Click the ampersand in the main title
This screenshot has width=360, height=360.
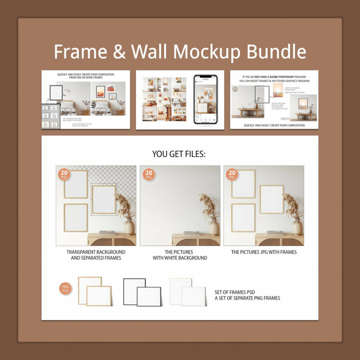119,51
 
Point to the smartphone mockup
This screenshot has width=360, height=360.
206,99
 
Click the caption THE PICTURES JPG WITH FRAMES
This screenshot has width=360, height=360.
264,252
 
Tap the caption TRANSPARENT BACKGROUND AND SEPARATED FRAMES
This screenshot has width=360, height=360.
96,255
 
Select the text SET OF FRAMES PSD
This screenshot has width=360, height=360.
235,292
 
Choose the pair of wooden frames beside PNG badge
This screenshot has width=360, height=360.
95,291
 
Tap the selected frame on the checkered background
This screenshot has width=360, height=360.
104,199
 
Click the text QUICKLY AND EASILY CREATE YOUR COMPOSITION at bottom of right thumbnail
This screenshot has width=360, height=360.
274,125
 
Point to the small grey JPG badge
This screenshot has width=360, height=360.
235,89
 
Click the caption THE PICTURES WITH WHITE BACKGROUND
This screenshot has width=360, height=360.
180,255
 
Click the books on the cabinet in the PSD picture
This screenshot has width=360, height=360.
107,233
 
